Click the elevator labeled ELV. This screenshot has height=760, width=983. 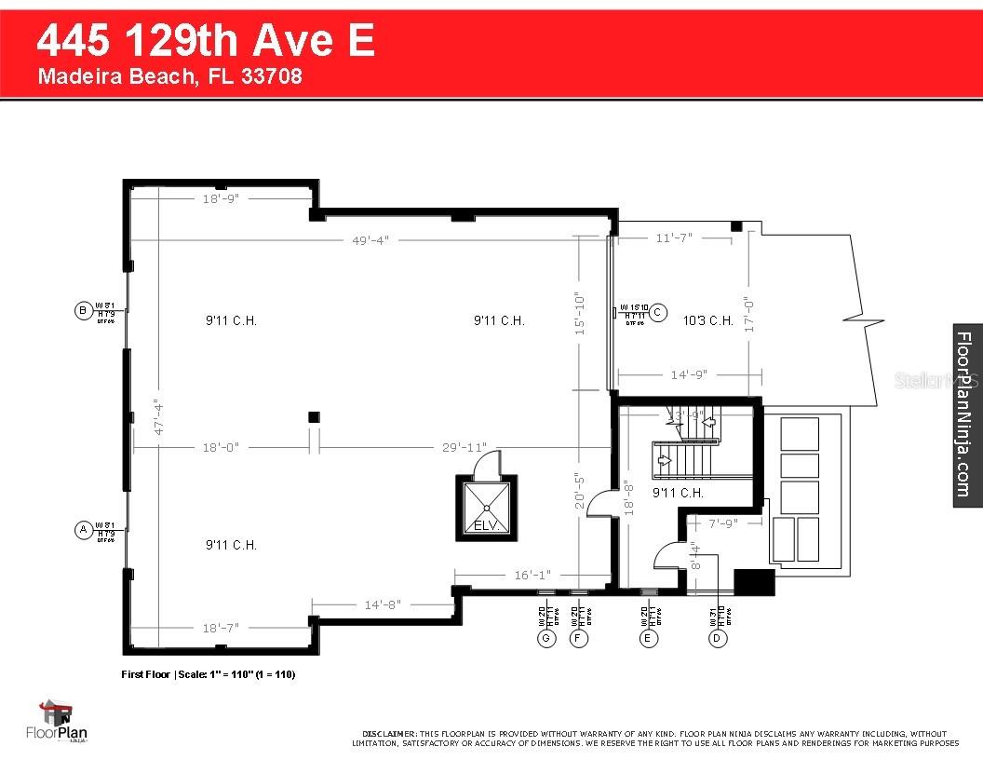(486, 508)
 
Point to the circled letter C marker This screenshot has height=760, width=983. (657, 312)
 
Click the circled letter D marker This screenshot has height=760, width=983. (717, 638)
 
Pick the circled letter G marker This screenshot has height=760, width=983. (545, 638)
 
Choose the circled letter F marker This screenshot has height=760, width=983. (579, 638)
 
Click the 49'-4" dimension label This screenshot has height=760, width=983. (370, 240)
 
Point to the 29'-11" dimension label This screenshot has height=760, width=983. (463, 448)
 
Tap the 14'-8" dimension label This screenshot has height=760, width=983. (382, 604)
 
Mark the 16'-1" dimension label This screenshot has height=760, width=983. (532, 576)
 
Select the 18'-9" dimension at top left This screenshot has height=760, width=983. (221, 198)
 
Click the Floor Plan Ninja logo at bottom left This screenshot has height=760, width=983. (62, 723)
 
